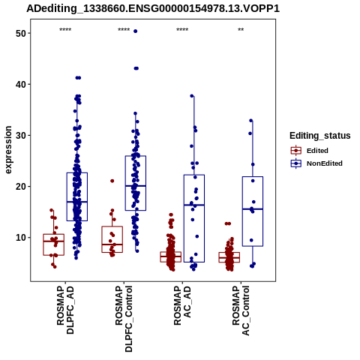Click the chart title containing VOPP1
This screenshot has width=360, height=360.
click(153, 9)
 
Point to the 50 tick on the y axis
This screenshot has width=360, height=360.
click(21, 34)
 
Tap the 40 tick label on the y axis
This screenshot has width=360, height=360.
click(21, 85)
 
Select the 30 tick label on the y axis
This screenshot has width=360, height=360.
click(21, 136)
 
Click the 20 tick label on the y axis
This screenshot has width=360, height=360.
click(21, 187)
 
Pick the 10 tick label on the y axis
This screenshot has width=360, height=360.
click(21, 238)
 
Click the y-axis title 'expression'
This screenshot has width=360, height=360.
click(8, 150)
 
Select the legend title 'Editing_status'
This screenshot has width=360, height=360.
click(320, 136)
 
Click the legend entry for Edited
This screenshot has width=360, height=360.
click(309, 151)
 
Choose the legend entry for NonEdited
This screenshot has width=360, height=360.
click(316, 163)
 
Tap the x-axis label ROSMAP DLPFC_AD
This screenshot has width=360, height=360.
click(65, 310)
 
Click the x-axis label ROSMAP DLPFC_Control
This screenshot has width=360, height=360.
click(124, 319)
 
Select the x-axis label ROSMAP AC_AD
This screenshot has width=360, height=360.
click(182, 305)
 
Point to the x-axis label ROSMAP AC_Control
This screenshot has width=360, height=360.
click(241, 310)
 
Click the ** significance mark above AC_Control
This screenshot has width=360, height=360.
click(241, 30)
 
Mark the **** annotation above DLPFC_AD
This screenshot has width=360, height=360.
click(65, 30)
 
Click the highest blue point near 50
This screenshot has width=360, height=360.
click(136, 31)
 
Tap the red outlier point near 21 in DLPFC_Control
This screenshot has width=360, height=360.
click(112, 181)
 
